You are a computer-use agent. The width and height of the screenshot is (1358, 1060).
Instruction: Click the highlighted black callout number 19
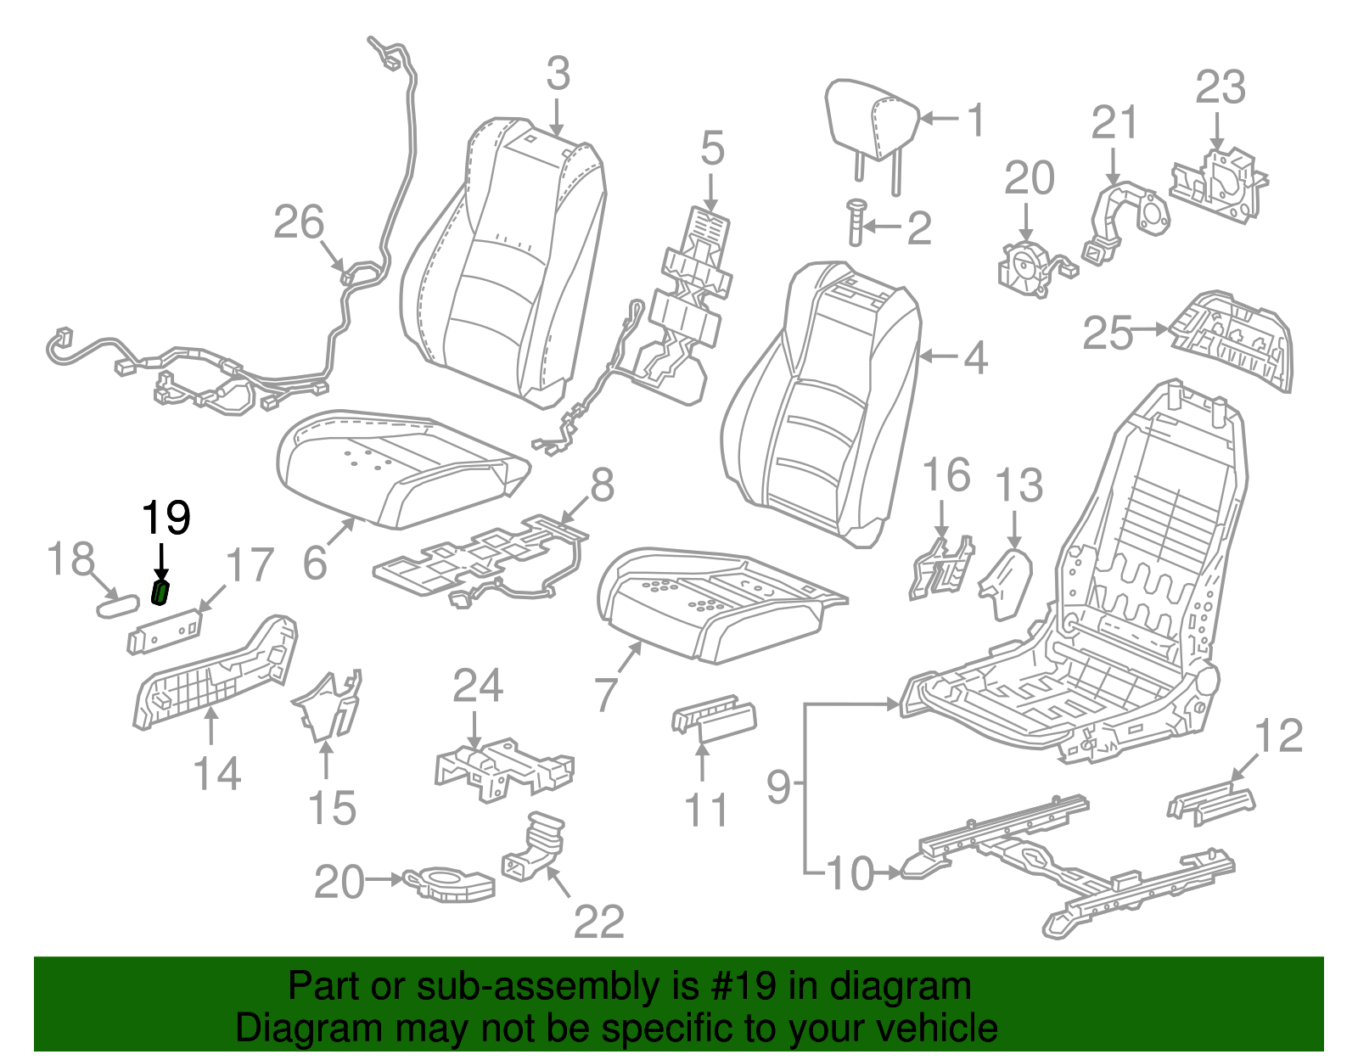pos(166,518)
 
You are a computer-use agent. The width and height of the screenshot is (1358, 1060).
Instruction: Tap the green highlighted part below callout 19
pos(160,592)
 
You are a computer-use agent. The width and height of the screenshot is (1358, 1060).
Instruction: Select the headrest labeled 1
pos(871,119)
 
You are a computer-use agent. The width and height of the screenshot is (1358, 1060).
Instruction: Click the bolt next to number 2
pos(855,222)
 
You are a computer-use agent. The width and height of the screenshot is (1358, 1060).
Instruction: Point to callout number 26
pos(299,222)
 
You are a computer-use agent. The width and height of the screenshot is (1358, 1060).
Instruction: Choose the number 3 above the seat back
pos(558,75)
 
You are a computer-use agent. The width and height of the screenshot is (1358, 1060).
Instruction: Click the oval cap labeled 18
pos(116,606)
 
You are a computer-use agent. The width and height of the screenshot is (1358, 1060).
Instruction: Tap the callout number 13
pos(1018,485)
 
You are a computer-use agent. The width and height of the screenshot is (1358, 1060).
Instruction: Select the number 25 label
pos(1108,333)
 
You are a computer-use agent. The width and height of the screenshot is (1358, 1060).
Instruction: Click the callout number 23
pos(1221,88)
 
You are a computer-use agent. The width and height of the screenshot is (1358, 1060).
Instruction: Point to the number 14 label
pos(217,774)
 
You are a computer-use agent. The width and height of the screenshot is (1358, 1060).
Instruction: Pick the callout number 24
pos(478,686)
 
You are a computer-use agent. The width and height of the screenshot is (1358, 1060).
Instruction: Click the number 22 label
pos(599,922)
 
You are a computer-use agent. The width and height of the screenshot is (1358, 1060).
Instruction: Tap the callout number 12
pos(1278,736)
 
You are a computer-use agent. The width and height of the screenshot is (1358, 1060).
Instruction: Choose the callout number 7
pos(605,694)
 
